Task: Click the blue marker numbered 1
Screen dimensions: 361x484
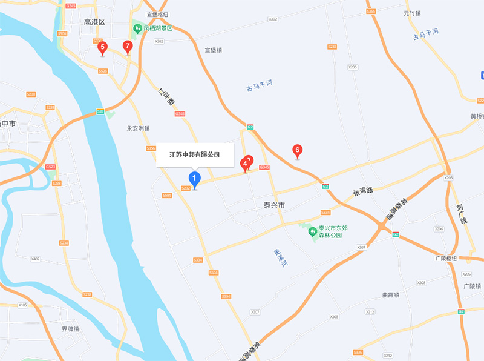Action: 194,179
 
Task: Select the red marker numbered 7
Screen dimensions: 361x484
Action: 127,46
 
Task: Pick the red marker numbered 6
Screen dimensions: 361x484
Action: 297,150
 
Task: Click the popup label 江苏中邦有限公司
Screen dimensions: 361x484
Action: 194,154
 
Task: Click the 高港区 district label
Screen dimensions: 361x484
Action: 94,22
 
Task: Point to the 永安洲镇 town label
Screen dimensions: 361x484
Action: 137,128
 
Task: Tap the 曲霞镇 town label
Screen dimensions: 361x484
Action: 391,295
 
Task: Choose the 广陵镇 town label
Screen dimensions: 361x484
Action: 471,286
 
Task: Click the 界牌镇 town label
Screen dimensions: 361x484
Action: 71,329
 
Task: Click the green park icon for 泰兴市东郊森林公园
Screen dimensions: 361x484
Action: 313,231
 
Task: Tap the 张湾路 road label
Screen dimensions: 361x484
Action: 364,191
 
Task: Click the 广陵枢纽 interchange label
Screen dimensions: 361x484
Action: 446,259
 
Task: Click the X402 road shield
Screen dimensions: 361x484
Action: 35,259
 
